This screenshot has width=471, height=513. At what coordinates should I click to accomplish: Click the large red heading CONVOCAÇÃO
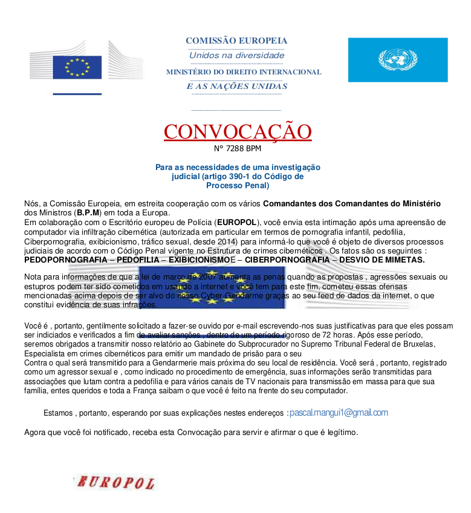pos(238,131)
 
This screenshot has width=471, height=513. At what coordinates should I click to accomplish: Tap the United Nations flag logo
pos(397,60)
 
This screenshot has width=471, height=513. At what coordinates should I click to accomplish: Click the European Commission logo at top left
pos(86,63)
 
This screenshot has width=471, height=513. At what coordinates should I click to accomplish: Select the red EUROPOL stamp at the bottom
pos(115,482)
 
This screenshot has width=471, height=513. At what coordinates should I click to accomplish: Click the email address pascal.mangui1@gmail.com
pos(339,413)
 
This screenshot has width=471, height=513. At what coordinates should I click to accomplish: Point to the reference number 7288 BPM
pos(238,148)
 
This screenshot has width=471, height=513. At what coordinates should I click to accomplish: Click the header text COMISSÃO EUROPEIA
pos(236,41)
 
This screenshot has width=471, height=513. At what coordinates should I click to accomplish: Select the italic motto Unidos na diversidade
pos(236,56)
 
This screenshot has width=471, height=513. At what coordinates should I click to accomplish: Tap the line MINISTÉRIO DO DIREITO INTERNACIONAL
pos(244,72)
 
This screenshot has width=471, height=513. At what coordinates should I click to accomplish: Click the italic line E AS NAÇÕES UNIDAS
pos(236,87)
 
